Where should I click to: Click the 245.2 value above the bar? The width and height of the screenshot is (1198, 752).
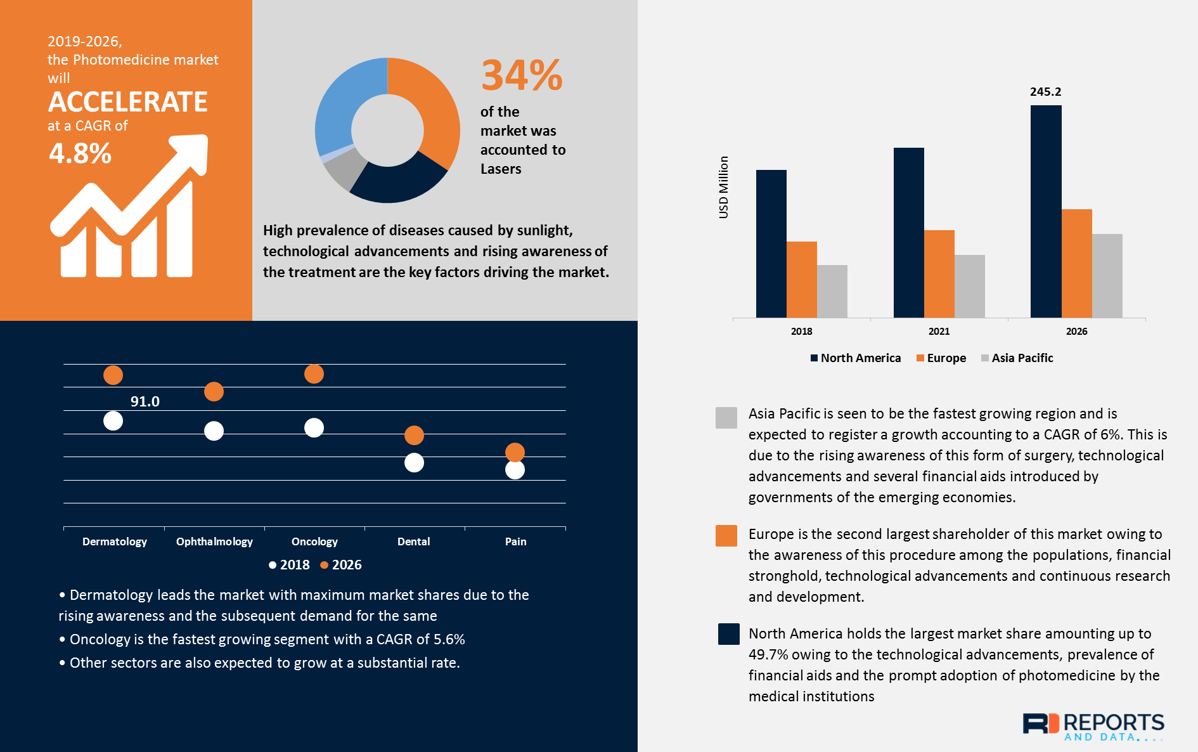[x=1045, y=92]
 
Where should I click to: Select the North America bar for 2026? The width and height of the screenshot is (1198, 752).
[x=1046, y=212]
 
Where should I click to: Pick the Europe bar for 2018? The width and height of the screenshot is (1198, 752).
[x=802, y=280]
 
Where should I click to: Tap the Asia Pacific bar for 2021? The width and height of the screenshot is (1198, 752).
[x=970, y=287]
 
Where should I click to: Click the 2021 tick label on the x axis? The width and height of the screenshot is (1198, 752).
[x=939, y=332]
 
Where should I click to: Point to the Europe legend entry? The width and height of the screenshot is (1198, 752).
[x=941, y=358]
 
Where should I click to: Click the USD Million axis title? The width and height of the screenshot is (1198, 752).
[x=723, y=187]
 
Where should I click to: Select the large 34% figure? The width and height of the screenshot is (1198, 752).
[x=522, y=75]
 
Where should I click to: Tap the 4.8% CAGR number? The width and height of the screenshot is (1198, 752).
[x=80, y=153]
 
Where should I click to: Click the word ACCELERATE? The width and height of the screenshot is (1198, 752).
[x=128, y=102]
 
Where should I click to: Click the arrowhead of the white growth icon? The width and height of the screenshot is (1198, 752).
[x=193, y=152]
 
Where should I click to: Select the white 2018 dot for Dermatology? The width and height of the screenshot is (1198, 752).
[x=113, y=421]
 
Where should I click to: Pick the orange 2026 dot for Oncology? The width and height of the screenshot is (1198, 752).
[x=314, y=374]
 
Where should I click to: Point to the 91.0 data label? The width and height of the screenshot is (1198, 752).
[x=145, y=401]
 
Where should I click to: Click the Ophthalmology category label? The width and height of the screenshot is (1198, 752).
[x=214, y=541]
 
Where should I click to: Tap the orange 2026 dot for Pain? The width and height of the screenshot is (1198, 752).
[x=515, y=452]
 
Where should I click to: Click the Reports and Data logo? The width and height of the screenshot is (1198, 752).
[x=1093, y=727]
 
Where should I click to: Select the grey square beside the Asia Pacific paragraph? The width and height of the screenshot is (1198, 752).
[x=726, y=418]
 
